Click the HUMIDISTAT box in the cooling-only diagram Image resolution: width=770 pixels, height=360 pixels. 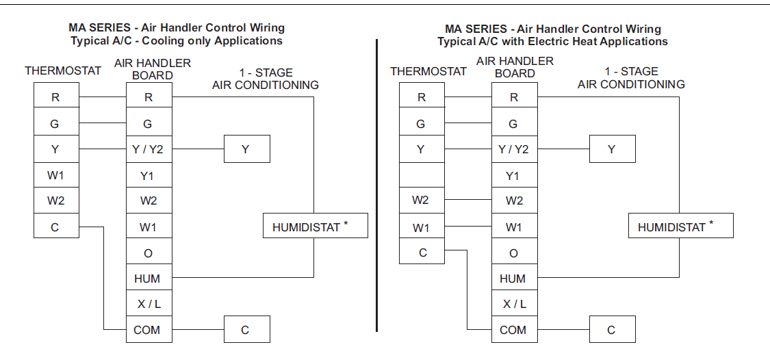click(315, 227)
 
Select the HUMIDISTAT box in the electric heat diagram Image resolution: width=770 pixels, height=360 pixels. click(680, 227)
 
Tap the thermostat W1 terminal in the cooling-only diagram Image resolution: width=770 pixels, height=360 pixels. click(55, 175)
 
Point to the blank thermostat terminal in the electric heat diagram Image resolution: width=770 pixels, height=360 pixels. click(422, 175)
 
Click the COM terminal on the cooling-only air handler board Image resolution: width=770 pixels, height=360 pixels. click(147, 330)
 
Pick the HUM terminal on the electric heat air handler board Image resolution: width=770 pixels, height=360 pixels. click(513, 279)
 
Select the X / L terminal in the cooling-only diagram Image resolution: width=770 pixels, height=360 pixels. click(147, 304)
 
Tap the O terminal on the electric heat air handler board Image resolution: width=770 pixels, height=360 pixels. click(513, 253)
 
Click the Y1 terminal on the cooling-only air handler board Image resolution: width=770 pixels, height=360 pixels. click(147, 176)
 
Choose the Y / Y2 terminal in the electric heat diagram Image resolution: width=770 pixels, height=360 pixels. click(513, 150)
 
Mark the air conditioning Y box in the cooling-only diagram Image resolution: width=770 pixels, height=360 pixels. click(246, 150)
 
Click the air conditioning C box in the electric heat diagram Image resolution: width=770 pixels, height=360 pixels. click(612, 330)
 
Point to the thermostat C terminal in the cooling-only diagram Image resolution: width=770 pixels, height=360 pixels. click(55, 227)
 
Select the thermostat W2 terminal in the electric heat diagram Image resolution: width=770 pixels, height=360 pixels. click(422, 201)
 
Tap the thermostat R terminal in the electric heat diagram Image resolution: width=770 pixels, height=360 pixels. click(422, 98)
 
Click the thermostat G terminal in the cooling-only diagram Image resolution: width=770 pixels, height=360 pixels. click(55, 124)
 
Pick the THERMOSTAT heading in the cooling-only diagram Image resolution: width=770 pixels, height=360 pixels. click(63, 70)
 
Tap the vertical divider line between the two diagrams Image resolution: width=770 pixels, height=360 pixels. click(377, 185)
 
